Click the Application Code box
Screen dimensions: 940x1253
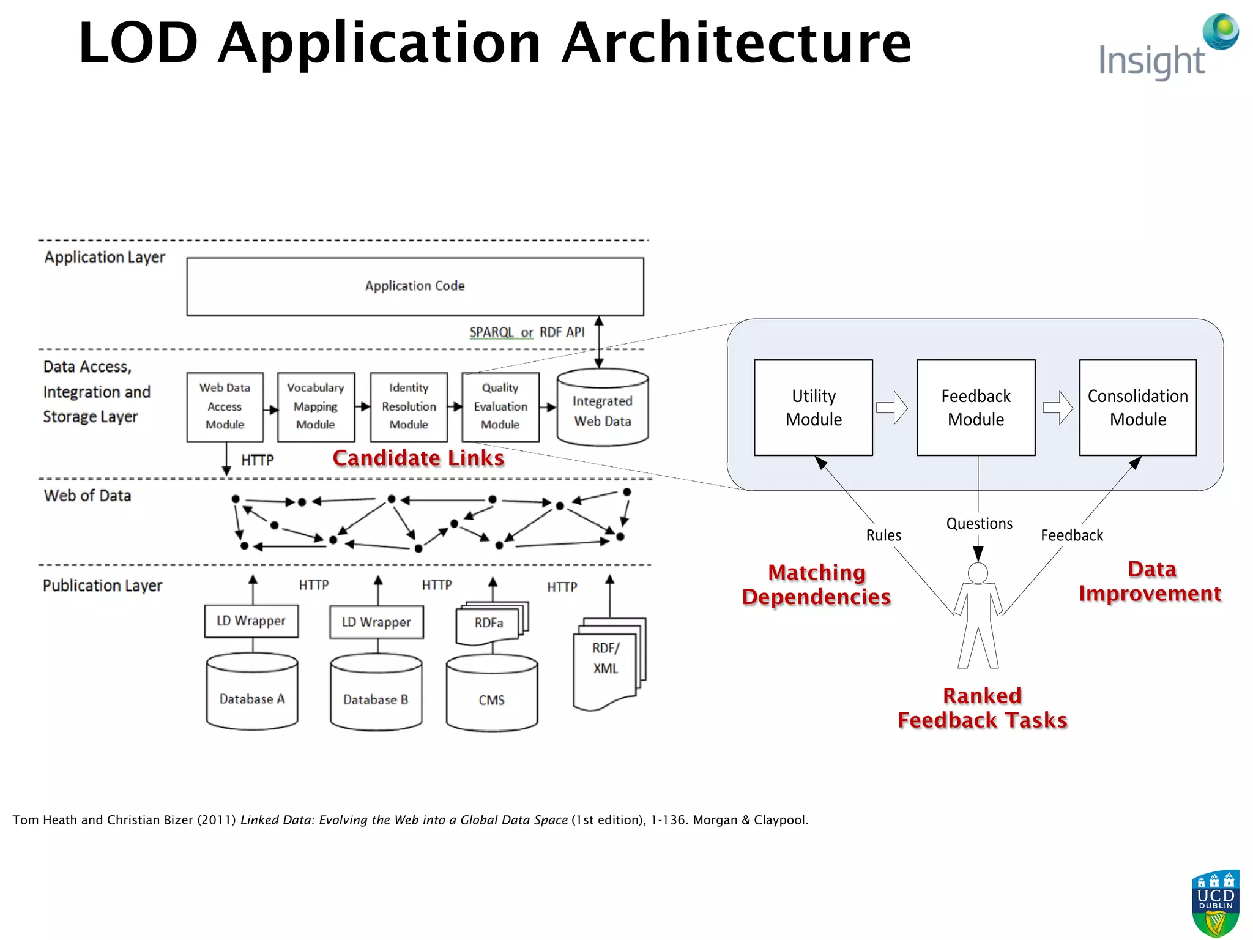pos(415,286)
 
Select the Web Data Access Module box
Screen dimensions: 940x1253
pos(225,407)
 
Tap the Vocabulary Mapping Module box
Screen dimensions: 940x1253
pos(316,407)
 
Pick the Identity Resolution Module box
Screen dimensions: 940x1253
pos(409,407)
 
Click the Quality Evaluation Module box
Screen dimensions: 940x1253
pos(500,407)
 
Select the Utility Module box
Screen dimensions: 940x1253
pos(813,408)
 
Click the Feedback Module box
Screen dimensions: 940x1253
pos(976,408)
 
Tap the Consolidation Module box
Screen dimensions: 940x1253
pos(1137,408)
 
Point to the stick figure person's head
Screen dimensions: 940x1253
pos(978,573)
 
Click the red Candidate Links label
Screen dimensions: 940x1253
pos(418,458)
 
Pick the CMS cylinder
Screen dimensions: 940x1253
pos(492,694)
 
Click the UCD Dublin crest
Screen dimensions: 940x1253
pos(1215,903)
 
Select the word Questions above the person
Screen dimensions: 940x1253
pos(979,524)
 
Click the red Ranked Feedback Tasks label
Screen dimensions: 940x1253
pos(982,708)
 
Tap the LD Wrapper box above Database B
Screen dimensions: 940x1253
pos(376,622)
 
